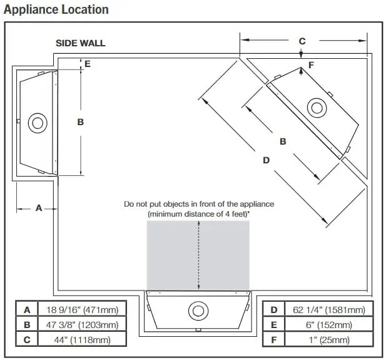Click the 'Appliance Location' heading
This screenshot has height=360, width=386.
[x=56, y=9]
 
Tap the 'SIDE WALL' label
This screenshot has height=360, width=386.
[x=81, y=43]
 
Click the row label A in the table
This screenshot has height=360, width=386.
[x=26, y=309]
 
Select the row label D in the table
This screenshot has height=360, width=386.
[x=274, y=309]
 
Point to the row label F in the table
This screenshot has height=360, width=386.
[x=274, y=340]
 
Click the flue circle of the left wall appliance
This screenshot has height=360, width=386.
[x=38, y=123]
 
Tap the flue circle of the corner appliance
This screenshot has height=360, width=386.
[x=316, y=107]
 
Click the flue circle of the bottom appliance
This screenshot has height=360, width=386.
[x=198, y=310]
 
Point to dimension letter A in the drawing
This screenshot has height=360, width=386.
[x=38, y=208]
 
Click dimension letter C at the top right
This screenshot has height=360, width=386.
[x=302, y=41]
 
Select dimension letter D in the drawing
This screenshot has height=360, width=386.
[x=266, y=160]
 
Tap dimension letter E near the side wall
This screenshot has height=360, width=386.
[x=88, y=64]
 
